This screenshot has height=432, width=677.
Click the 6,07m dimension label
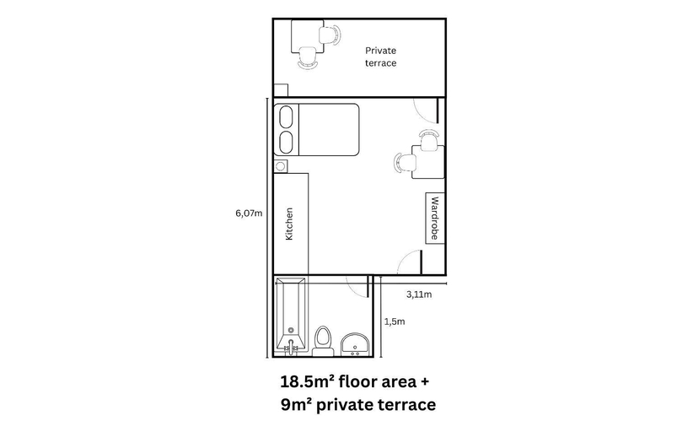(249, 213)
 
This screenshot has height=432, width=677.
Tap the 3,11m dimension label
(419, 294)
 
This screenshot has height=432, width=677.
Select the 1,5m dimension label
(395, 321)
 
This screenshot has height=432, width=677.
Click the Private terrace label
(380, 57)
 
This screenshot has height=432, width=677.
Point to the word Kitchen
(289, 224)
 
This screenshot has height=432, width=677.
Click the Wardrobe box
(435, 218)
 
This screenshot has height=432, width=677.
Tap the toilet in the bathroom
(323, 340)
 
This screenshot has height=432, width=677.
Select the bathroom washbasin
(355, 344)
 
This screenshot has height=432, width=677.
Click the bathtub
(291, 316)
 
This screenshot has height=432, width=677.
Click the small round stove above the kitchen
(281, 166)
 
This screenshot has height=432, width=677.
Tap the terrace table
(308, 36)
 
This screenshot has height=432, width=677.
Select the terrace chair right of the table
(330, 35)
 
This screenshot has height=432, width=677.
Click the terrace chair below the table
(308, 57)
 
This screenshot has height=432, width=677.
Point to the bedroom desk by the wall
(428, 162)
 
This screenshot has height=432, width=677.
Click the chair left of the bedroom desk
(405, 163)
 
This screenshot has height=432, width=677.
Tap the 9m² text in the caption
(297, 405)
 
